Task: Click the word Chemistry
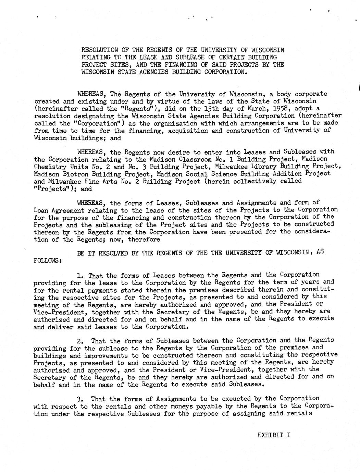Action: (50, 167)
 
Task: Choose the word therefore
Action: (144, 239)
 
